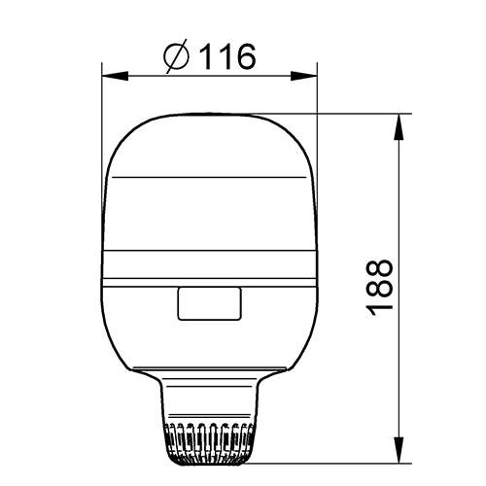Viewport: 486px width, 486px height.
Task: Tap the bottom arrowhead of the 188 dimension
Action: pyautogui.click(x=399, y=454)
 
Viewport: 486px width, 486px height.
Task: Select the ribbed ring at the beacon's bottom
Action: pyautogui.click(x=211, y=443)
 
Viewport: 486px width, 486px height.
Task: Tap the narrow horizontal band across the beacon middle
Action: pyautogui.click(x=211, y=276)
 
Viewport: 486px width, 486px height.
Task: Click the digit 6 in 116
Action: pyautogui.click(x=244, y=57)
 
